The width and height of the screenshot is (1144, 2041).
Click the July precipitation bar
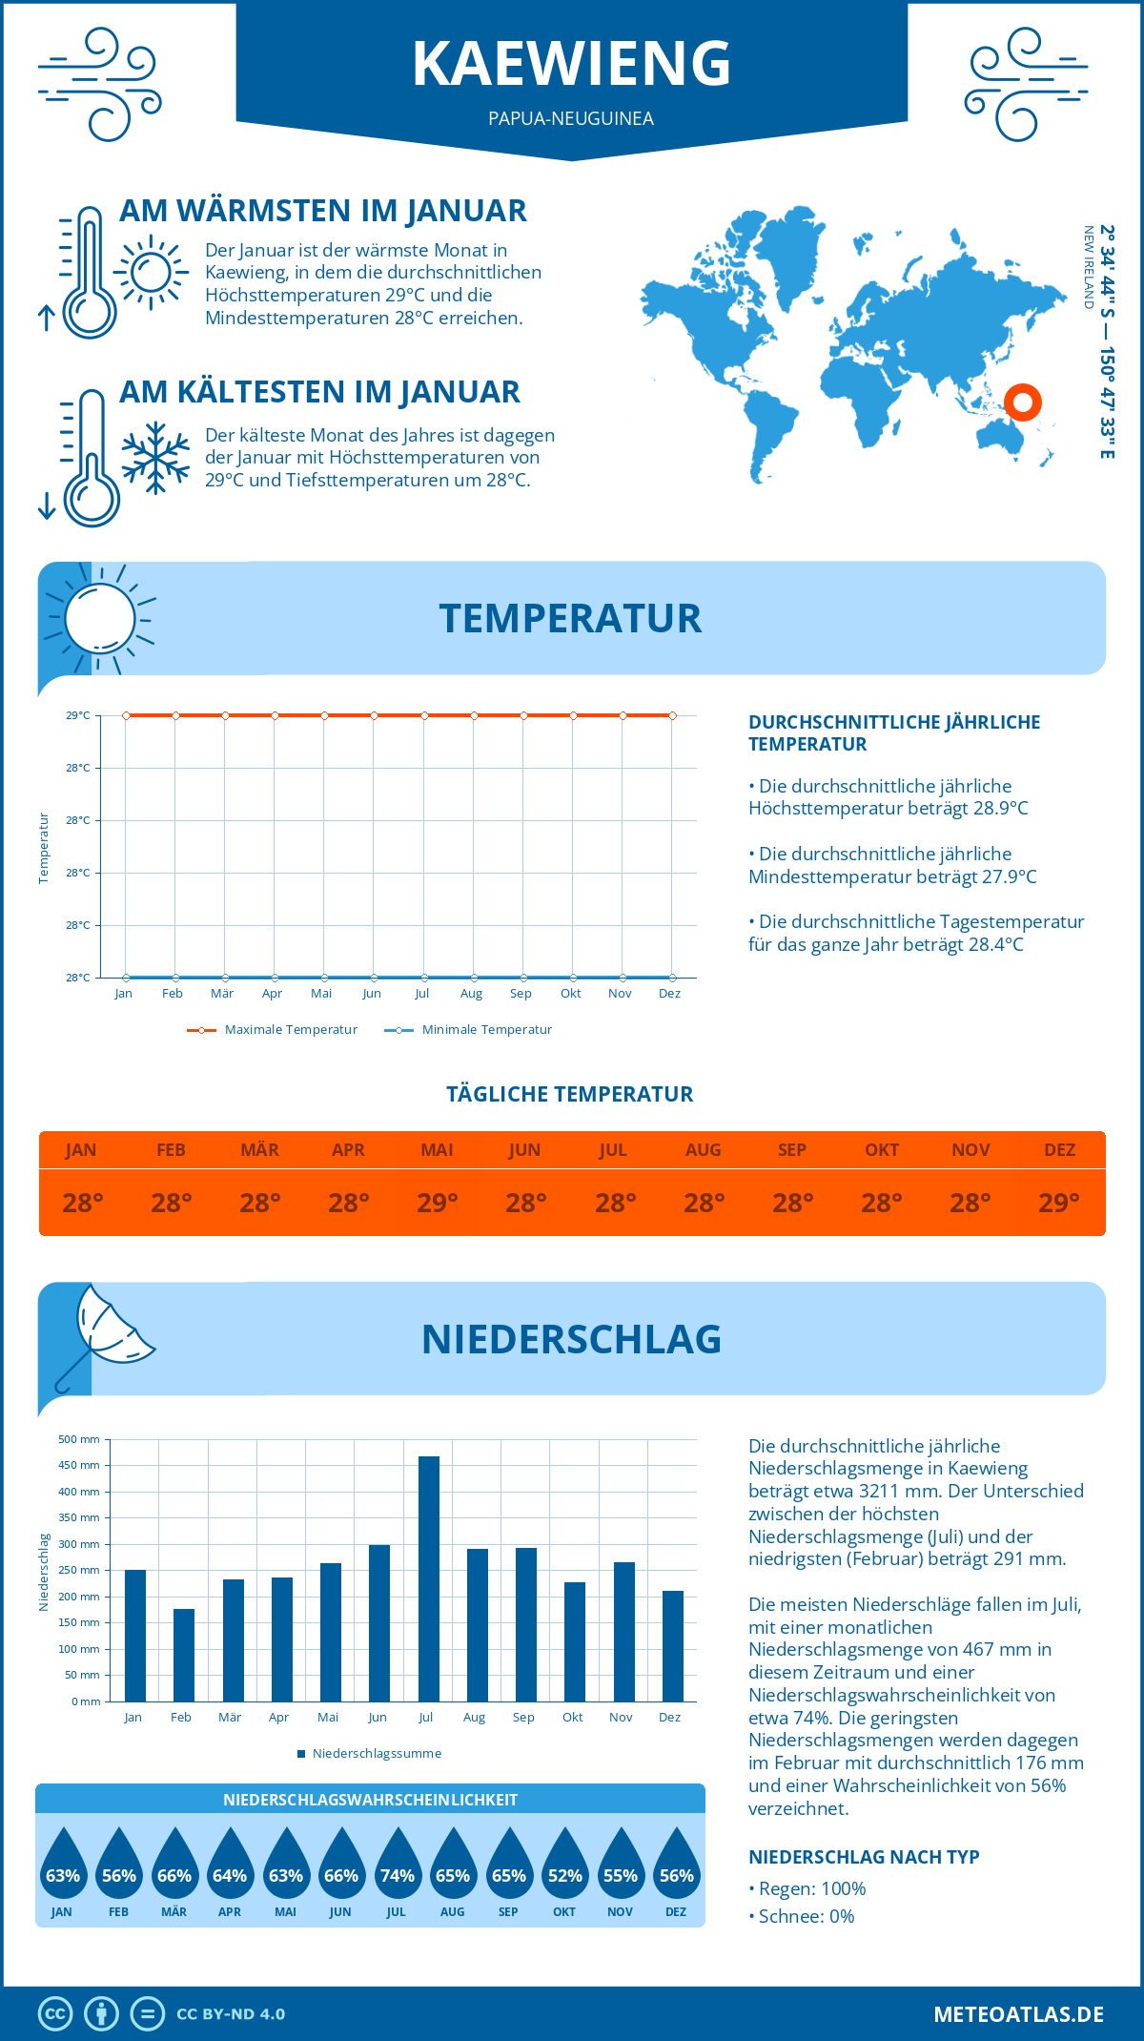[429, 1578]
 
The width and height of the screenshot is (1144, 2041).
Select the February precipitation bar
[184, 1655]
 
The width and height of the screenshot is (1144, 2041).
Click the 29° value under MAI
[438, 1203]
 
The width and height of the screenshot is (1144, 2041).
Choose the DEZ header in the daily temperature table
[1059, 1150]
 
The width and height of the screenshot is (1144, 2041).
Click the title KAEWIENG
[571, 64]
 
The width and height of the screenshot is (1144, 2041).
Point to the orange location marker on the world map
[1023, 402]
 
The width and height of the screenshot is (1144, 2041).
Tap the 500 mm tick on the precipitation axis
[79, 1439]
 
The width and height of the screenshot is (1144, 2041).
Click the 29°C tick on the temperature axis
[78, 715]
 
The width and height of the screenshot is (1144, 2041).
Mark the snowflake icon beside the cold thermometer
[155, 458]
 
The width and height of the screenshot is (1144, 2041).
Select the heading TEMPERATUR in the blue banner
[570, 618]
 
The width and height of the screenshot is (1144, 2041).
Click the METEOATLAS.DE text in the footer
[1018, 2014]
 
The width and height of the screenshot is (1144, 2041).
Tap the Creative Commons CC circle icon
[55, 2014]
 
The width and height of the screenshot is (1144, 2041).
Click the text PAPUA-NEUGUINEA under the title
[571, 118]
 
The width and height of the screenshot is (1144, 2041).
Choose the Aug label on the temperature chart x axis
[471, 994]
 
